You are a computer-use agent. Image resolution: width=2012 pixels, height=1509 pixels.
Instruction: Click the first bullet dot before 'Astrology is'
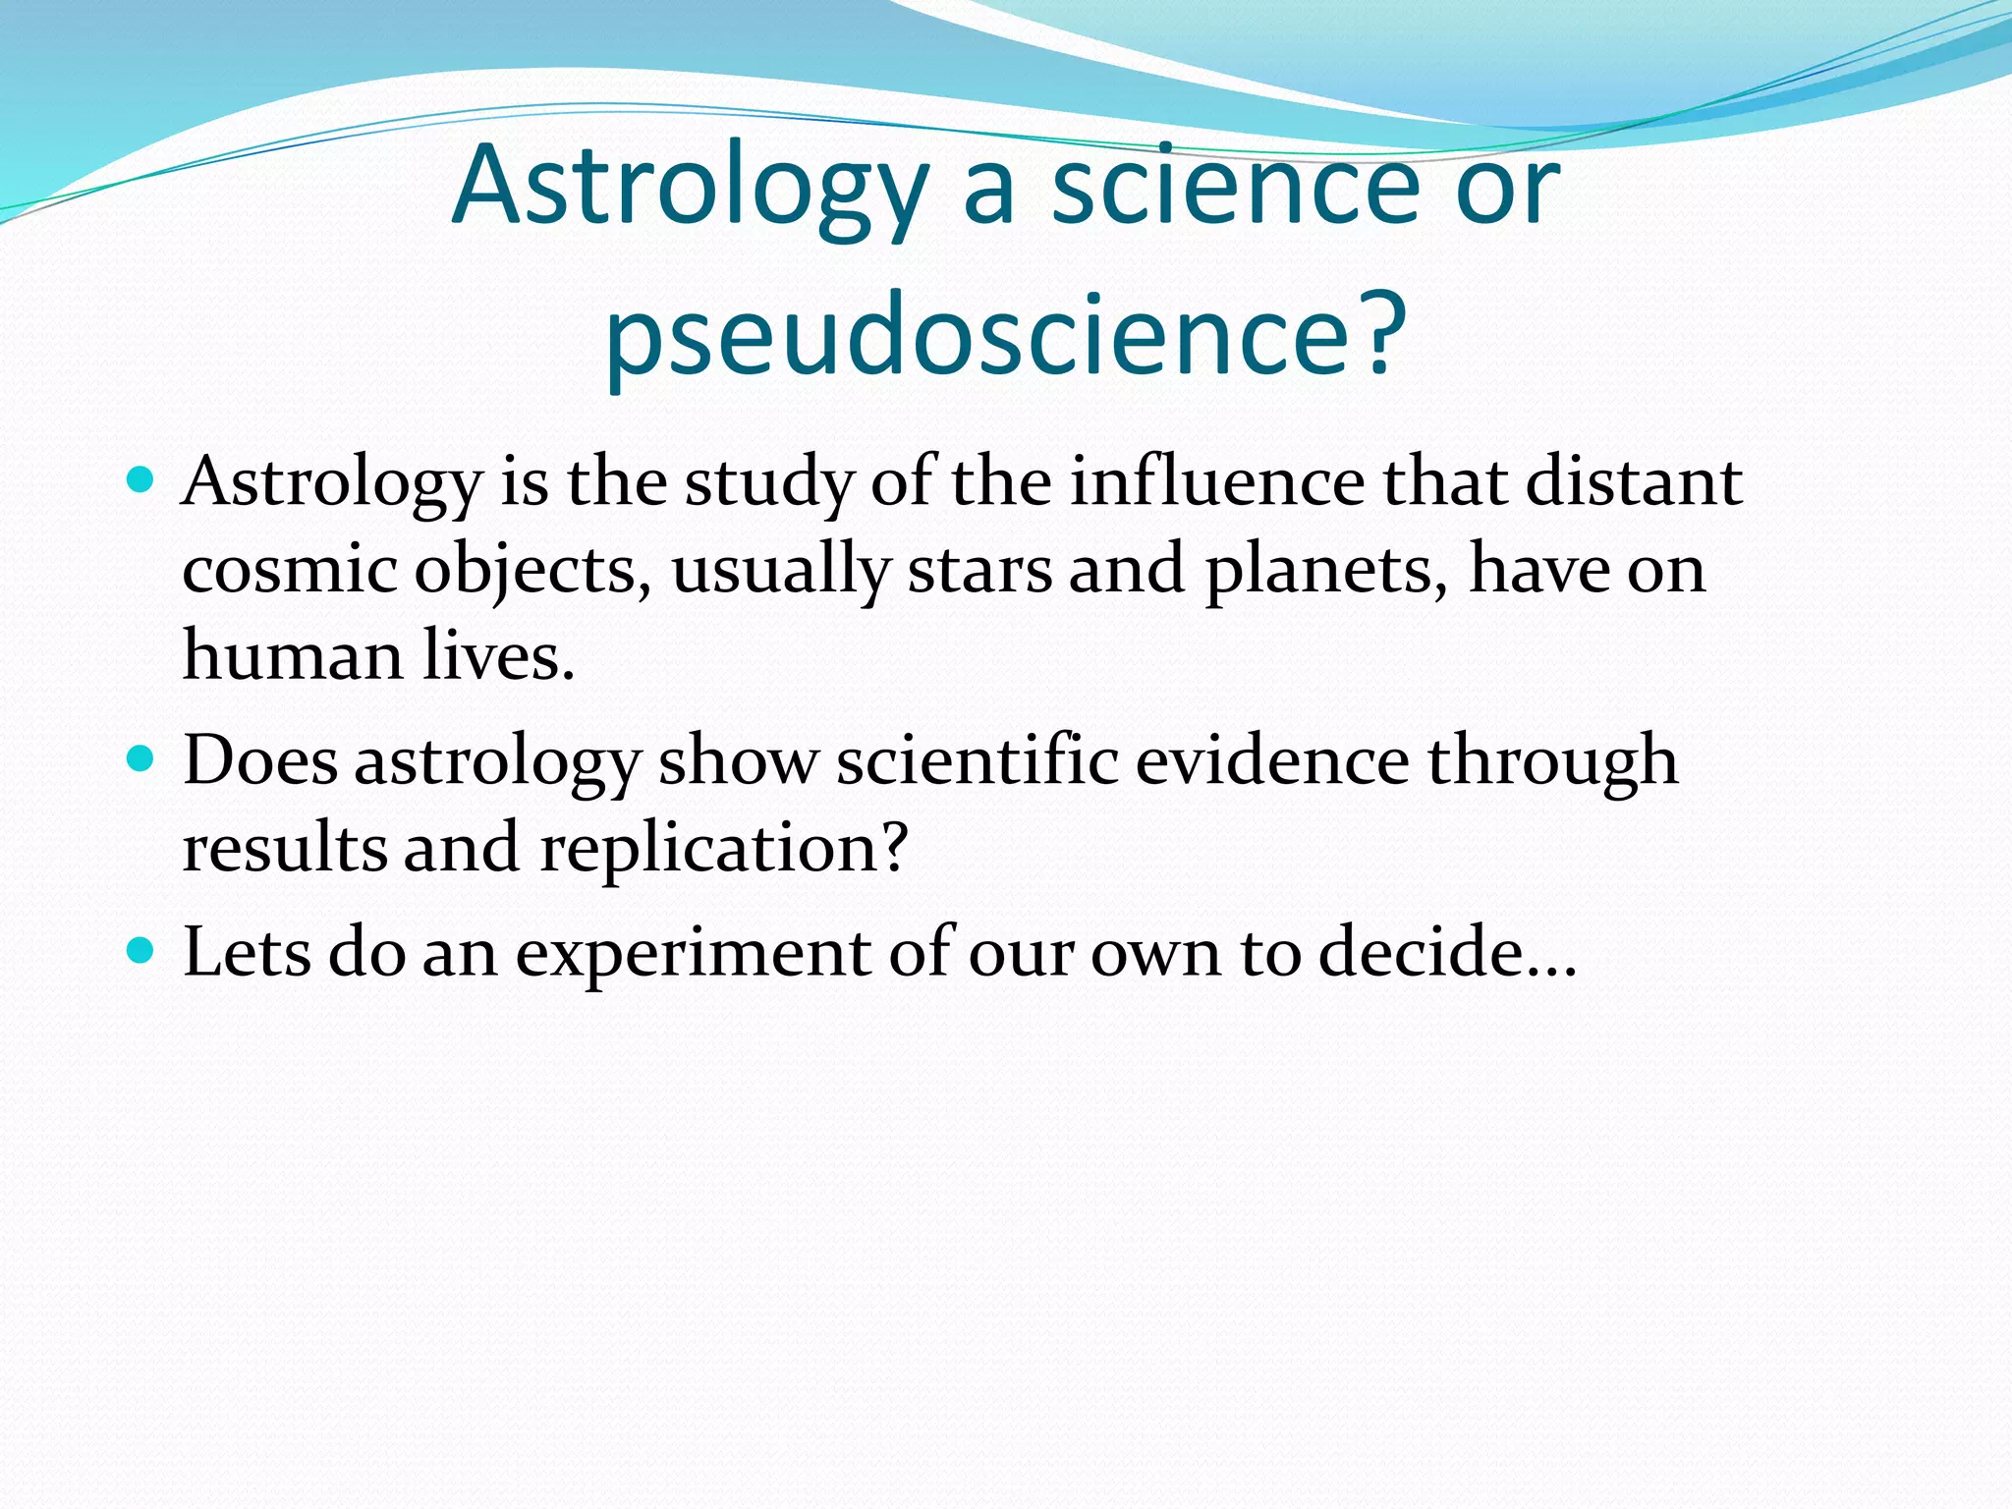141,480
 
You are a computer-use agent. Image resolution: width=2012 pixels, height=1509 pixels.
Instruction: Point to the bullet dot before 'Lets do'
141,950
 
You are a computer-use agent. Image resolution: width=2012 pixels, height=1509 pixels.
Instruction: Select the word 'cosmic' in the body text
290,569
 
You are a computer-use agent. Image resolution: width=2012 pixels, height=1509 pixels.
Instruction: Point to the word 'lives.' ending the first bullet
499,656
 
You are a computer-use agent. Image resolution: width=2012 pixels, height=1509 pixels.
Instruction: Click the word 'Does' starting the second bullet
260,760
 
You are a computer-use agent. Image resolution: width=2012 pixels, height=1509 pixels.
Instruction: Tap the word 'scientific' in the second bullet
978,760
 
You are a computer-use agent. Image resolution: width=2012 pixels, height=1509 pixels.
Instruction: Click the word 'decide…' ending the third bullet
1447,952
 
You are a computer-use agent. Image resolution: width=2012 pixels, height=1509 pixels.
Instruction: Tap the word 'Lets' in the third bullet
248,952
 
